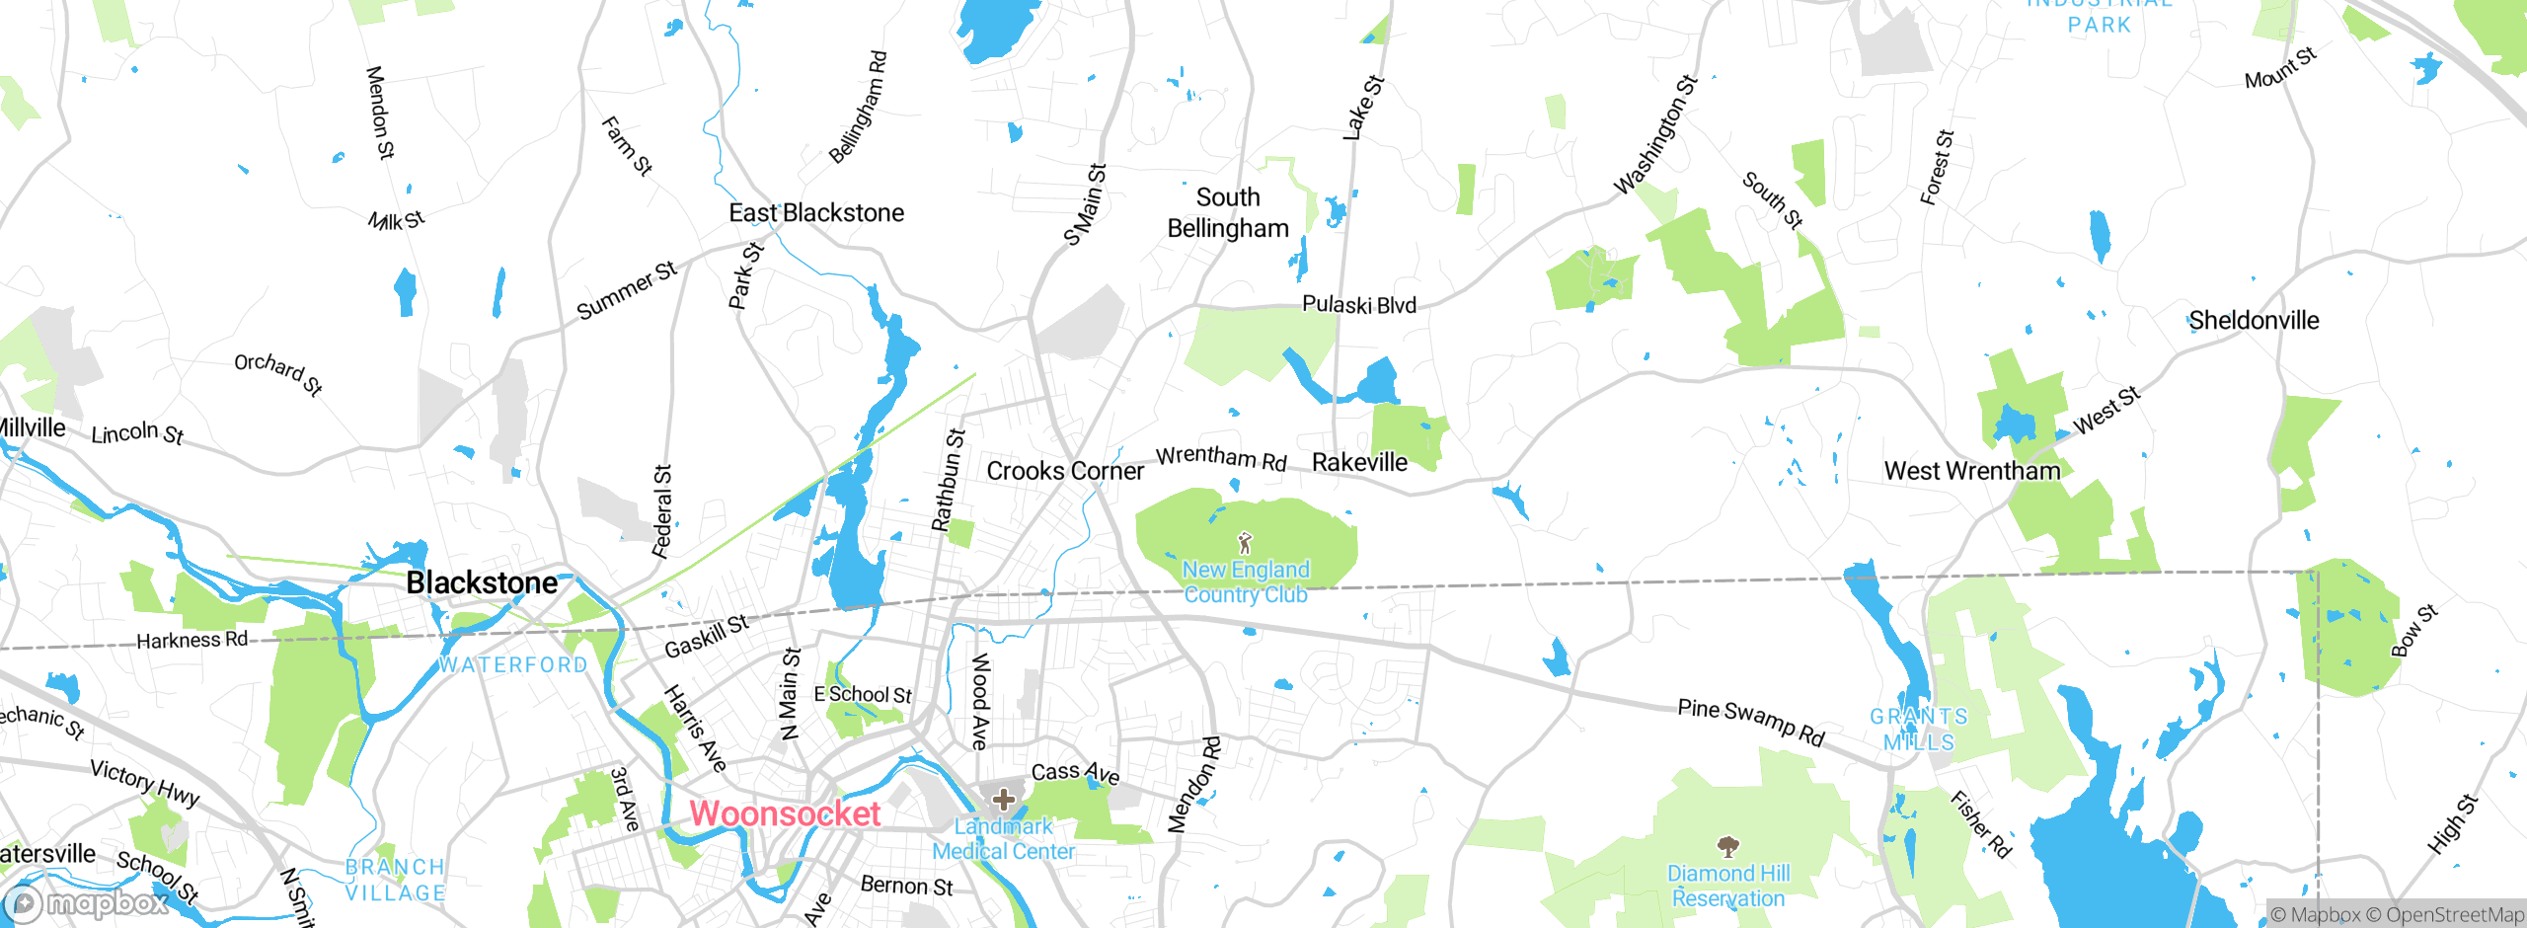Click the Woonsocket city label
[x=785, y=813]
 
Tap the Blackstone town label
[x=482, y=582]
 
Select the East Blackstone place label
[x=816, y=212]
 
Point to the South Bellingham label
[x=1228, y=212]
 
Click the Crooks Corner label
[x=1065, y=471]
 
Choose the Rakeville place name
[x=1359, y=462]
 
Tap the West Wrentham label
[x=1972, y=471]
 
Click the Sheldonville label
[x=2254, y=320]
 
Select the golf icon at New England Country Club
[x=1245, y=543]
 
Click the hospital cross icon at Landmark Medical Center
[x=1004, y=799]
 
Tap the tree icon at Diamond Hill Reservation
[x=1727, y=846]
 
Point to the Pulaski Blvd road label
[x=1359, y=304]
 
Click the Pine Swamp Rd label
[x=1751, y=723]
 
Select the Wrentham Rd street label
[x=1221, y=458]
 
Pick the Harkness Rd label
[x=191, y=640]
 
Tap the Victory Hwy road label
[x=145, y=783]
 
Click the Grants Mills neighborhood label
[x=1918, y=729]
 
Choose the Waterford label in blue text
[x=513, y=664]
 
